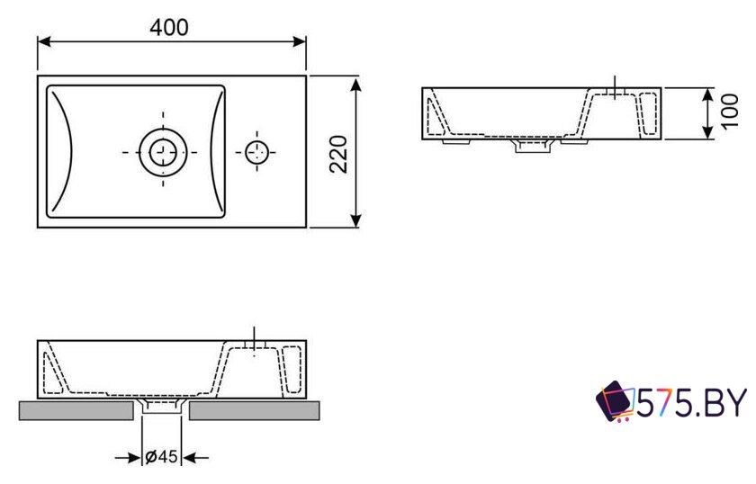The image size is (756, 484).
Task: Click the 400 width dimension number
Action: pos(169,28)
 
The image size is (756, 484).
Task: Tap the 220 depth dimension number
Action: pos(338,154)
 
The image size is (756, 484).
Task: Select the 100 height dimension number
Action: pos(730,111)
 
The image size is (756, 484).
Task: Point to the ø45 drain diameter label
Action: pos(161,455)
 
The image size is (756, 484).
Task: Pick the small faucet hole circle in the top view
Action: pos(256,152)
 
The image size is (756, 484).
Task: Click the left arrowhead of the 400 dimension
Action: pos(44,41)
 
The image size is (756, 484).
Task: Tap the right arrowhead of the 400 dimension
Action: pos(299,41)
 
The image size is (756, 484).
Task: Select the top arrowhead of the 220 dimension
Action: pos(355,85)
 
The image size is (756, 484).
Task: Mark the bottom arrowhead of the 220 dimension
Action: pos(355,220)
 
